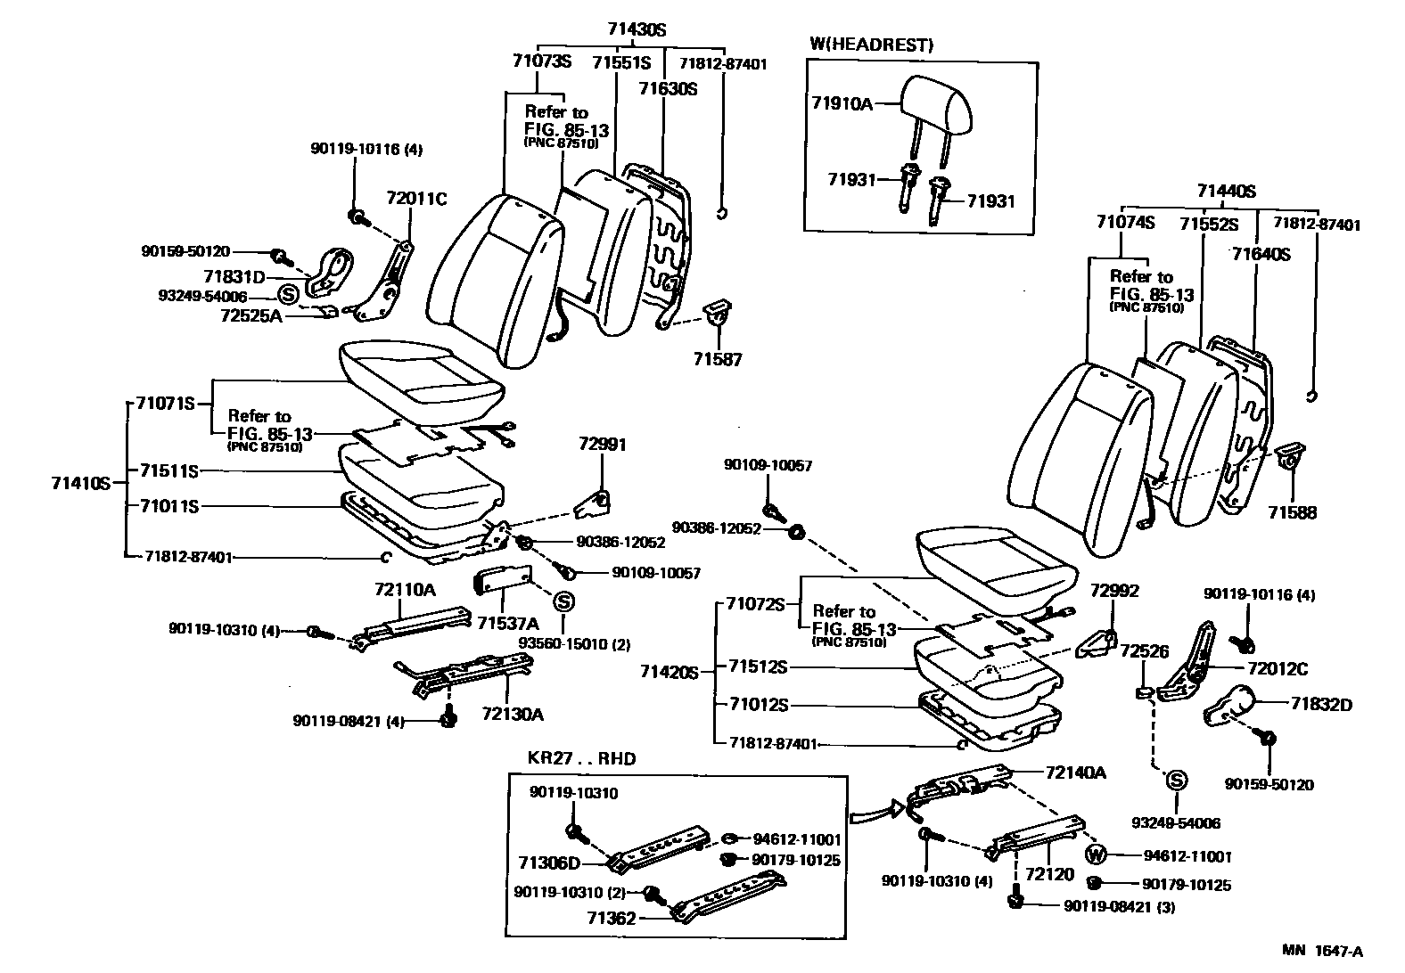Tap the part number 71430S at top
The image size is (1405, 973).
[x=637, y=29]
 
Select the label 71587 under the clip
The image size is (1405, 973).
[x=718, y=359]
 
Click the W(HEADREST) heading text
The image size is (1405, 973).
[x=871, y=45]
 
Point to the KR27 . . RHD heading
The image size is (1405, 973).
[x=576, y=759]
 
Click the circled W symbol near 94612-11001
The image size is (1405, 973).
[x=1097, y=855]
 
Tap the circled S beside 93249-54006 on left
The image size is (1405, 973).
[x=288, y=294]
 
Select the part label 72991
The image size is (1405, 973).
[x=603, y=444]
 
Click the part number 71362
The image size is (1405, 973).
[x=612, y=917]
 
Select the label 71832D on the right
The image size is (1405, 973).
[x=1320, y=704]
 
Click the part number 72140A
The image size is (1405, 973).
[x=1075, y=772]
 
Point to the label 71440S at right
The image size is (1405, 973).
[x=1226, y=190]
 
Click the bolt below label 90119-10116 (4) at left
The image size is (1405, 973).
[x=357, y=216]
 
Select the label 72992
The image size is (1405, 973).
[x=1114, y=591]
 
